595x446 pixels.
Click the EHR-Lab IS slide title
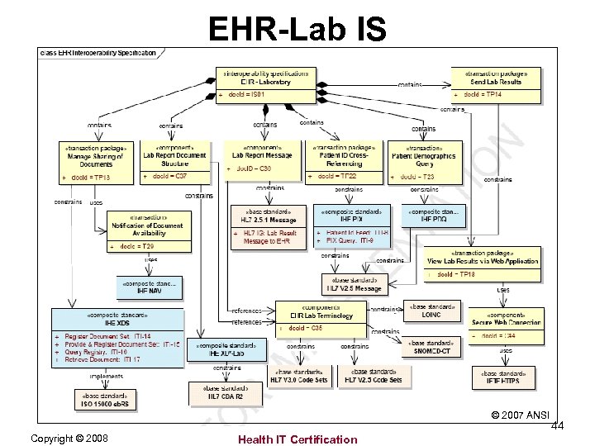297,29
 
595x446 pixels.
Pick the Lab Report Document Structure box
174,162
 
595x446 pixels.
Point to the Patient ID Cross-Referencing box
345,162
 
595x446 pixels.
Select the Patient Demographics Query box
422,162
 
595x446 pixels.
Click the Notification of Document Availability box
148,230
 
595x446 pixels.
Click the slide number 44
558,425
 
